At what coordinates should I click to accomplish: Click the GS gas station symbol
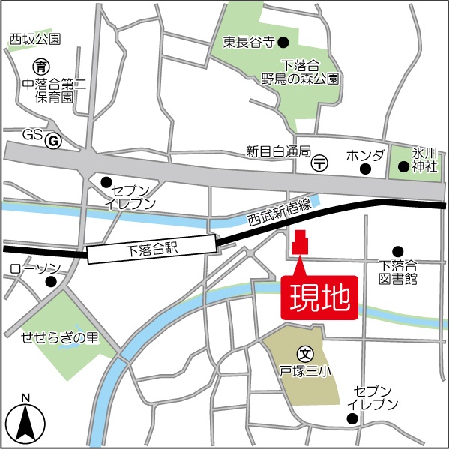[x=52, y=140]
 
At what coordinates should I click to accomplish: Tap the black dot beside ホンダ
[x=365, y=169]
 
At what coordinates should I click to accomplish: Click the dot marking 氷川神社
[x=403, y=166]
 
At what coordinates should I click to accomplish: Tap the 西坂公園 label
[x=35, y=39]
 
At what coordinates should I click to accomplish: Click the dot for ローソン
[x=50, y=282]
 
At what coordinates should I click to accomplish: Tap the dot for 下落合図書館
[x=398, y=251]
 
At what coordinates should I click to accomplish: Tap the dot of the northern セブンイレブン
[x=106, y=181]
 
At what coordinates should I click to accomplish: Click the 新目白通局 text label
[x=278, y=151]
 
